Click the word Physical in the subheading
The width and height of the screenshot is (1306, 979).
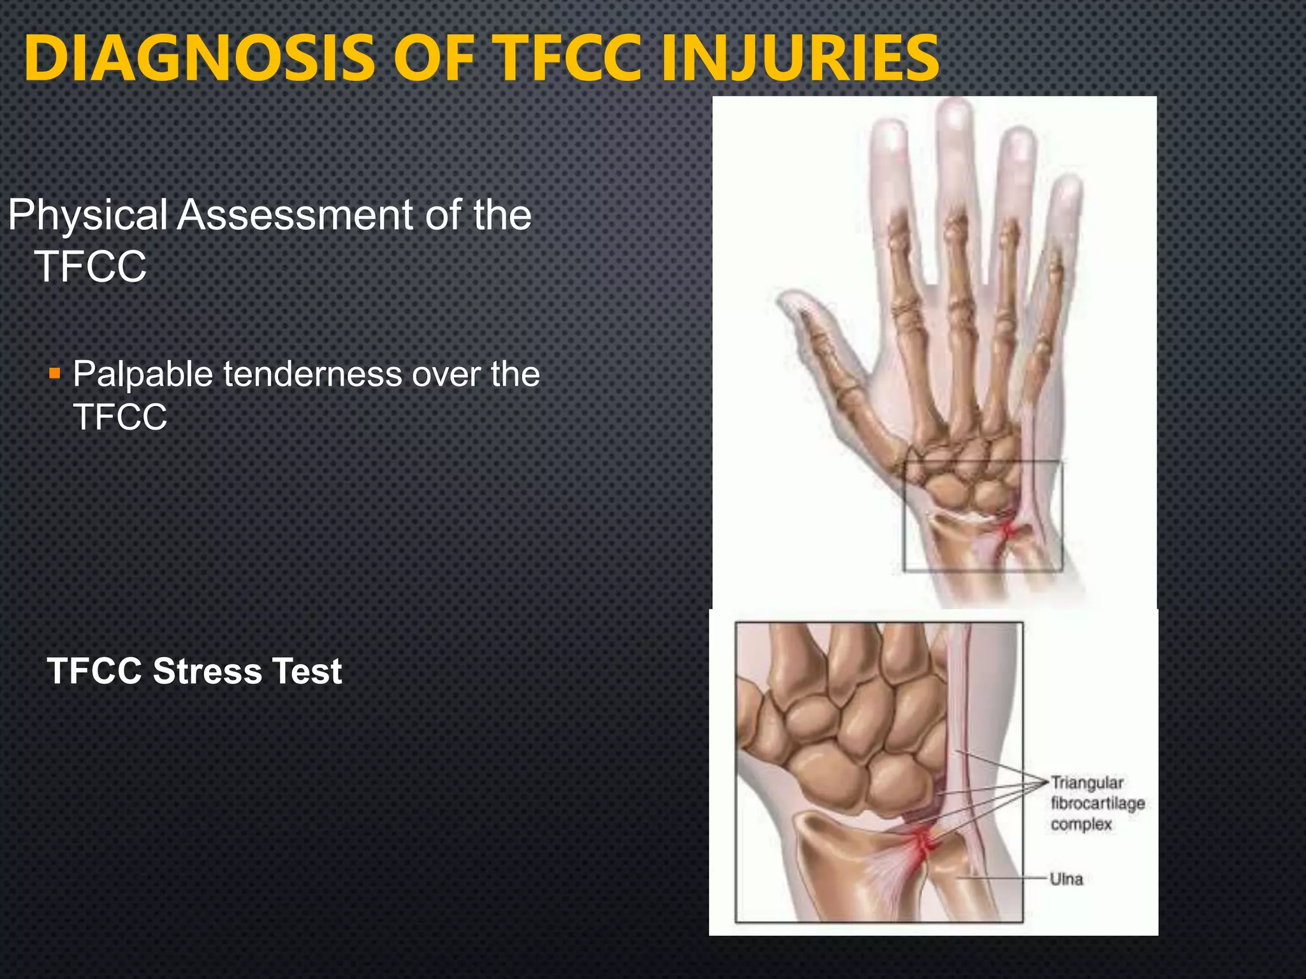[x=87, y=215]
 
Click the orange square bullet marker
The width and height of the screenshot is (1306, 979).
[x=55, y=373]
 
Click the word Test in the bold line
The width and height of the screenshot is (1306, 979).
[x=307, y=671]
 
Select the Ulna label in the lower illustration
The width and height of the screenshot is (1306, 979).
[x=1066, y=880]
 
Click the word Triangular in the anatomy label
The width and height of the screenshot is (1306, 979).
[x=1087, y=783]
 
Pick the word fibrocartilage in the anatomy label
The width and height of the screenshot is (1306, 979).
[x=1097, y=803]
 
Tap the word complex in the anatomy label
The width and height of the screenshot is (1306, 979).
[x=1081, y=824]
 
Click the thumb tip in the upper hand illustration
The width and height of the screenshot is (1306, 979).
[x=789, y=300]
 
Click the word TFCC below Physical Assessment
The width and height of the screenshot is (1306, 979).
[x=90, y=267]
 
